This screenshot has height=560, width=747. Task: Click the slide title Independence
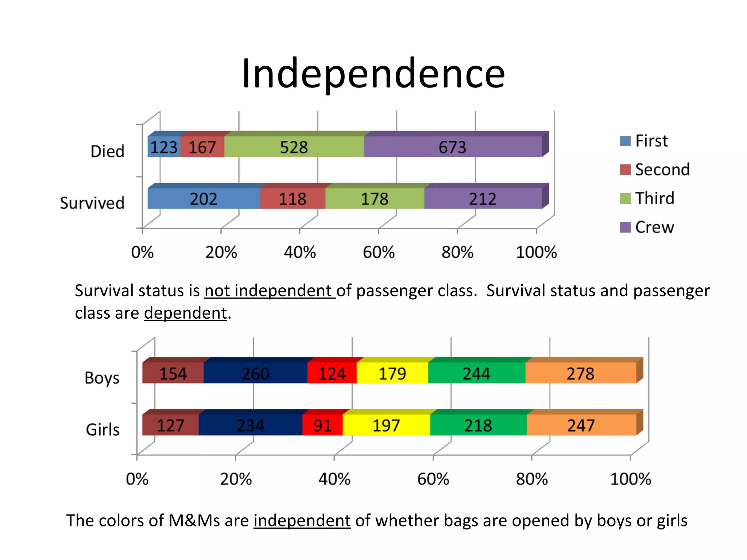[373, 74]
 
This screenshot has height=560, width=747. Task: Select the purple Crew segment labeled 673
[452, 147]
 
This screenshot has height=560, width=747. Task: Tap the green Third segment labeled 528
[294, 147]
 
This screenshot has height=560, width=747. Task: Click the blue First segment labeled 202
[204, 199]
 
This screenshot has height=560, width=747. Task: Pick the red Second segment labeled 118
[292, 199]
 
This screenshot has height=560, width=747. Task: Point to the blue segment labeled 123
[163, 147]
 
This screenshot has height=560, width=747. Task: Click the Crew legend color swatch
[625, 227]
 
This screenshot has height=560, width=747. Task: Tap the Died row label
[107, 151]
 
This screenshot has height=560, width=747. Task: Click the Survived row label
[92, 203]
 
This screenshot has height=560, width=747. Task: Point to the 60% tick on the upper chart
[379, 252]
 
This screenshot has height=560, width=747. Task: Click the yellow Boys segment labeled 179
[392, 373]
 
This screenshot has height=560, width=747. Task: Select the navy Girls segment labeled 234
[250, 425]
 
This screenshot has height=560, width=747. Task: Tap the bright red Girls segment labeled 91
[322, 425]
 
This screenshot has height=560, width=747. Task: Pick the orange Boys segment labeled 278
[580, 373]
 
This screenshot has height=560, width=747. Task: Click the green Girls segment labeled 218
[478, 425]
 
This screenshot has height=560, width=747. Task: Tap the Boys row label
[102, 378]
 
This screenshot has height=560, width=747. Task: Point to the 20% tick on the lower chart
[236, 479]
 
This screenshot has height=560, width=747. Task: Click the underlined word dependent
[185, 313]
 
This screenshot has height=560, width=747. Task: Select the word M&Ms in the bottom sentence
[194, 520]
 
